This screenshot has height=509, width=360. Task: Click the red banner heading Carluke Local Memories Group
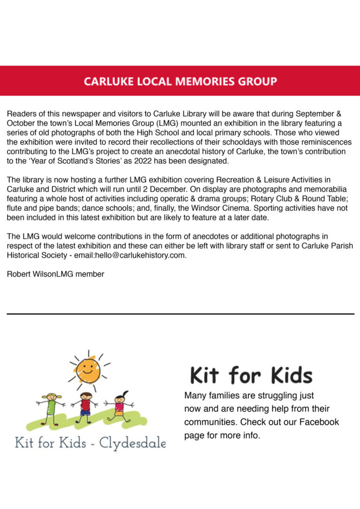click(180, 81)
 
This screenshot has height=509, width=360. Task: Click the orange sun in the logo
click(88, 371)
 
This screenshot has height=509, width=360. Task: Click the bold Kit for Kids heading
click(251, 375)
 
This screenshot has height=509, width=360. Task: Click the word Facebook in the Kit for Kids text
click(319, 422)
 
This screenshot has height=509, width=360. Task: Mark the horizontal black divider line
click(180, 314)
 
